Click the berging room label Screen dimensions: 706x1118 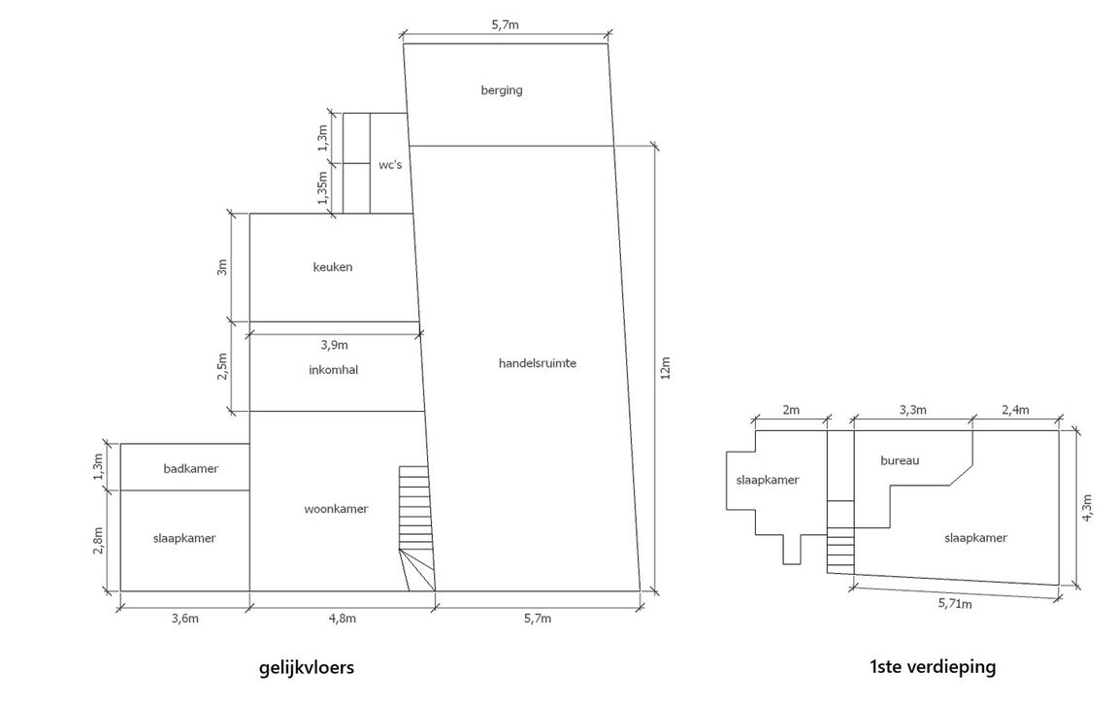[x=502, y=90]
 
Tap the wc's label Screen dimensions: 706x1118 [x=390, y=165]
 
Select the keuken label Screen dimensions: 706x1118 [x=333, y=267]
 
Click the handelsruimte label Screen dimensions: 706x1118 [x=538, y=362]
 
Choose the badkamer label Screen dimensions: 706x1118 [x=191, y=468]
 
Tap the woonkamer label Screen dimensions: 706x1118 [x=336, y=509]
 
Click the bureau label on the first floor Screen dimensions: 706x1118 [x=900, y=460]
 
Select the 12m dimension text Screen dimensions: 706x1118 [x=666, y=369]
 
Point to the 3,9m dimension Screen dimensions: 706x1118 [x=335, y=344]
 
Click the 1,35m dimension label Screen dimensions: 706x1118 [x=323, y=186]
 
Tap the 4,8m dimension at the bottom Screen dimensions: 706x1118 [x=342, y=619]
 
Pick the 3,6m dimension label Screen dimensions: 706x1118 [x=184, y=619]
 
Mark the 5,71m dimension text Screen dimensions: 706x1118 [x=955, y=604]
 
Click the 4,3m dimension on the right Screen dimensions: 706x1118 [x=1089, y=508]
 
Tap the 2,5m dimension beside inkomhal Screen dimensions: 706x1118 [x=222, y=366]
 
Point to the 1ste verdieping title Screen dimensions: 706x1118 [x=933, y=667]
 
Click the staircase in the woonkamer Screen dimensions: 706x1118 [x=415, y=524]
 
